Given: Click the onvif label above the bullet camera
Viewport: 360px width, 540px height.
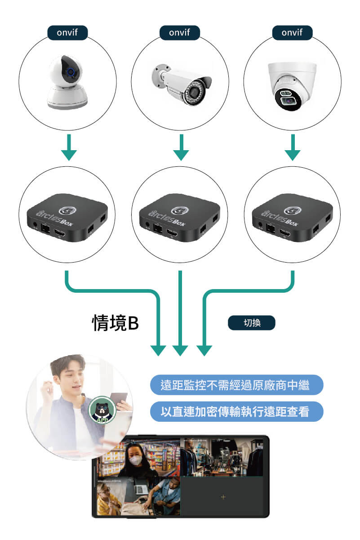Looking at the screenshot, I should click(x=180, y=33).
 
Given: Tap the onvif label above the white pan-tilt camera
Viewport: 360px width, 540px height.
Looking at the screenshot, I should click(x=67, y=33).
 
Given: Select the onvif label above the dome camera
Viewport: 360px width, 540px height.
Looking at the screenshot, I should click(x=292, y=33).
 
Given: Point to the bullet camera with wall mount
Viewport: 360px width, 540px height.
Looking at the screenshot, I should click(x=181, y=84).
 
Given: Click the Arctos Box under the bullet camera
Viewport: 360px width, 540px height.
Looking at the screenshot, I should click(x=180, y=217).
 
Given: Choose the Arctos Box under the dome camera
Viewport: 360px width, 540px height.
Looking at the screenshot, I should click(x=292, y=217).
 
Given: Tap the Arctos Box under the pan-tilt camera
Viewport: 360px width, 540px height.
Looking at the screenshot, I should click(x=67, y=217).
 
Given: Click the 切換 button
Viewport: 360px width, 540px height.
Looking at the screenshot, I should click(x=251, y=323).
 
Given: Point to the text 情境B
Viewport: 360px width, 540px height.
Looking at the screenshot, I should click(x=115, y=323).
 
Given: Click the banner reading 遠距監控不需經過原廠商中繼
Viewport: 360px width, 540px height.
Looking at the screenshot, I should click(x=236, y=385).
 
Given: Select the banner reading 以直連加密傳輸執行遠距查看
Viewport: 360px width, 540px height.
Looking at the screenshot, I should click(x=236, y=411).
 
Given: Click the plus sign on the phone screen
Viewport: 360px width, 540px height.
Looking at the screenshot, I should click(x=223, y=496).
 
